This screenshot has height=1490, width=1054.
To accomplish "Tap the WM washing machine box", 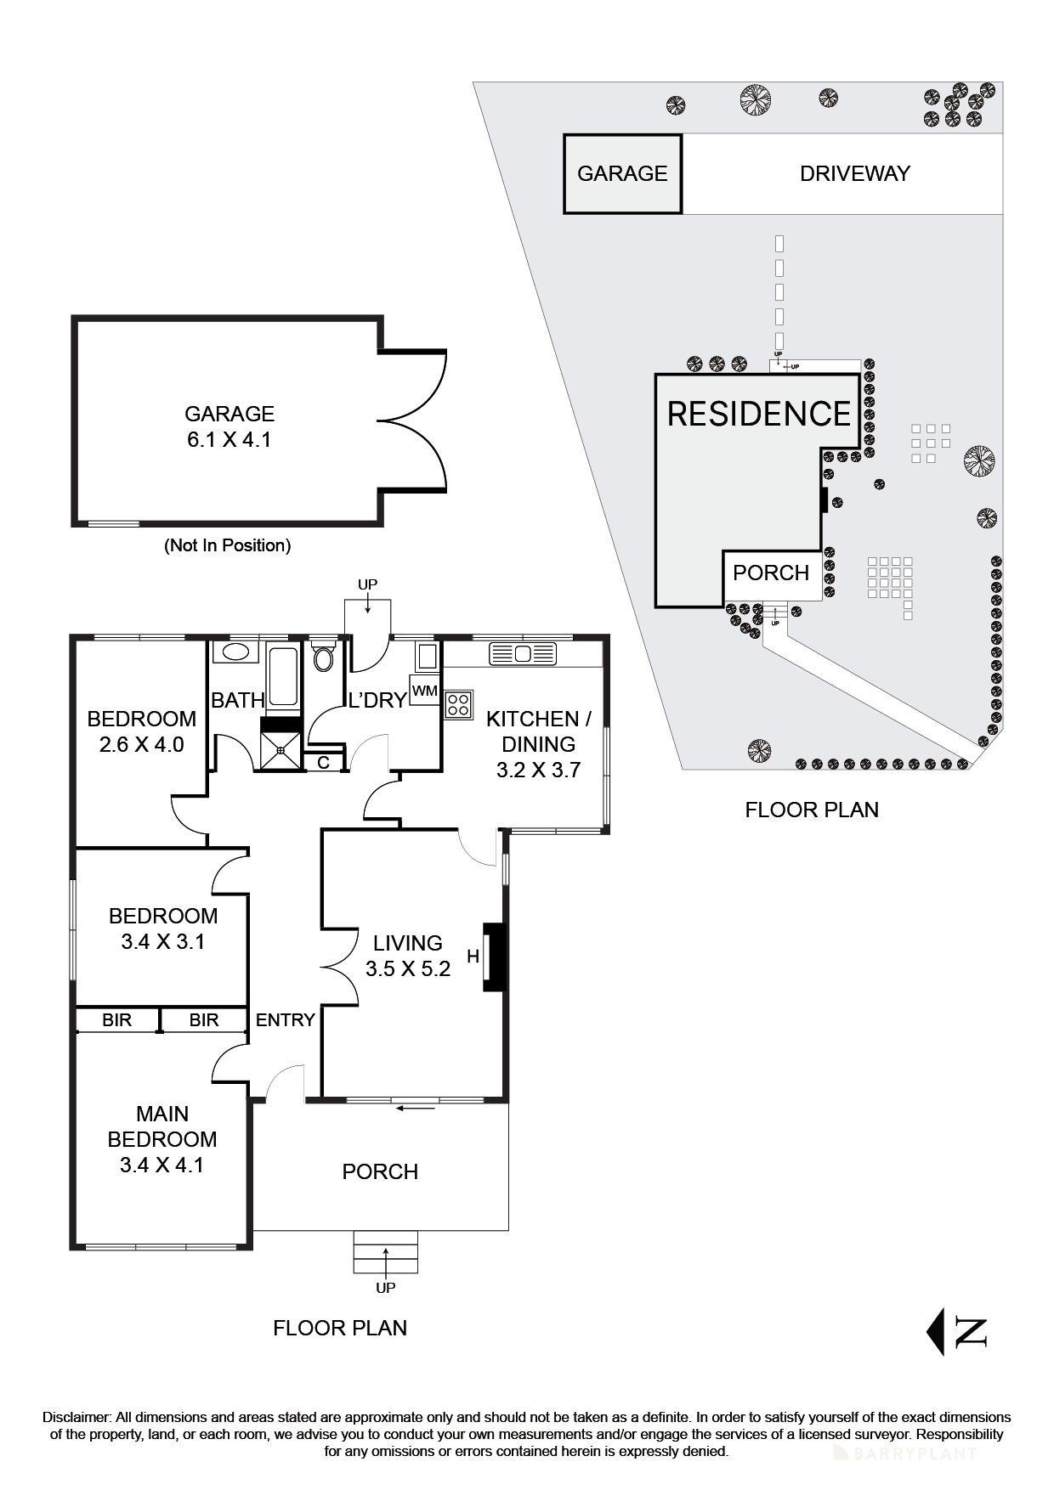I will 424,691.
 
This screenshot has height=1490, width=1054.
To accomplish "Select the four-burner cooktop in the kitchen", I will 459,704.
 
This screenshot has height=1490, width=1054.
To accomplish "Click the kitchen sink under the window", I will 522,653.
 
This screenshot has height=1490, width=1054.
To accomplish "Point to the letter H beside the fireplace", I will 473,957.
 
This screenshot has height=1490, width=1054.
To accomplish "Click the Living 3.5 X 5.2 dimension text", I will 408,968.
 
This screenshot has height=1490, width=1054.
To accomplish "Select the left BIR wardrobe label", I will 116,1020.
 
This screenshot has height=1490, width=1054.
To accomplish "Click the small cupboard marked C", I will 323,763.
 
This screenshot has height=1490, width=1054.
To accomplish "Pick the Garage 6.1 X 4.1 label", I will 229,426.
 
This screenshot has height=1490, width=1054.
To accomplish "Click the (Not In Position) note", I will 227,545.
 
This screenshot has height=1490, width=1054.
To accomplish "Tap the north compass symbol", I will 957,1331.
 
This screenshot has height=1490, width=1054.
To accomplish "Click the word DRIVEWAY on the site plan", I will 854,173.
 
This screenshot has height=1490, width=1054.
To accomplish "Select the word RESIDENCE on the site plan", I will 758,414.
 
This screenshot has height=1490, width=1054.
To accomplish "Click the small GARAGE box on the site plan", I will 622,173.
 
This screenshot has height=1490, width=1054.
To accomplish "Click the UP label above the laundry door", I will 367,584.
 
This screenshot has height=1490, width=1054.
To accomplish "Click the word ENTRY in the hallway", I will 285,1020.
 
